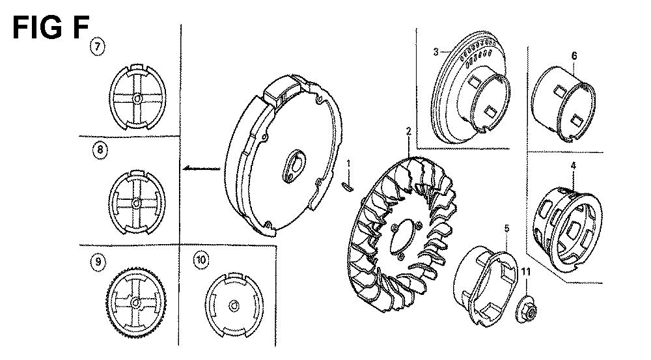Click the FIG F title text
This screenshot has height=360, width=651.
click(x=51, y=28)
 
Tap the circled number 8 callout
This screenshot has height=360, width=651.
click(x=100, y=150)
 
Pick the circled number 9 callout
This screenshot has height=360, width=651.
click(x=98, y=262)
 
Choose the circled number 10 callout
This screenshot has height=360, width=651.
click(x=201, y=260)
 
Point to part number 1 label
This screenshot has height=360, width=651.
click(x=349, y=163)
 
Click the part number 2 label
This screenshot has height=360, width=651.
click(x=409, y=132)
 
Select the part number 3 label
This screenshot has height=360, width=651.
click(x=436, y=52)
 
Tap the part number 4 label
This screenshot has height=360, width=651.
click(x=574, y=165)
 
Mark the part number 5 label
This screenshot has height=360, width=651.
click(x=507, y=228)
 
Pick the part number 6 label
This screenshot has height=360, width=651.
click(x=574, y=55)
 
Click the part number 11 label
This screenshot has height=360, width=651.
click(x=526, y=272)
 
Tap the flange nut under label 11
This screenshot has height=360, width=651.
click(x=527, y=311)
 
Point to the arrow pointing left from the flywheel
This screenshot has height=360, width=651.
click(x=201, y=168)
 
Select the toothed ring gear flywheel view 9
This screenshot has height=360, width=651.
click(x=136, y=302)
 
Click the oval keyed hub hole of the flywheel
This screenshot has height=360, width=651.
click(x=294, y=165)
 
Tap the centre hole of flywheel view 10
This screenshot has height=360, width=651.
click(x=234, y=306)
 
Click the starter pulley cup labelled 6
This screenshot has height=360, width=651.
click(x=563, y=104)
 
